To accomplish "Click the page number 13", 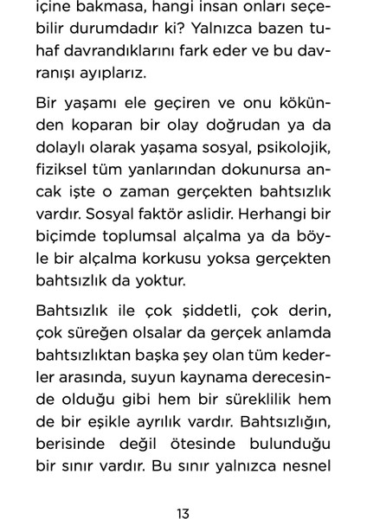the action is coord(183,490).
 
